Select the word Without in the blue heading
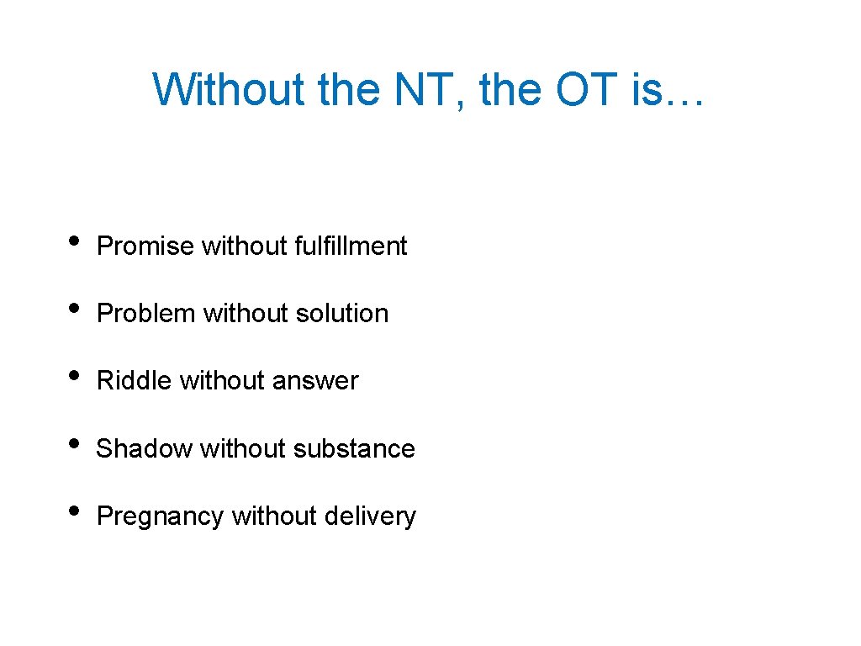(229, 89)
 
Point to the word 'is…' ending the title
(666, 89)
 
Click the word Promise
(145, 246)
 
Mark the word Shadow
(145, 448)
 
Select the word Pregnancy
(161, 516)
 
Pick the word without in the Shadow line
(242, 448)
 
